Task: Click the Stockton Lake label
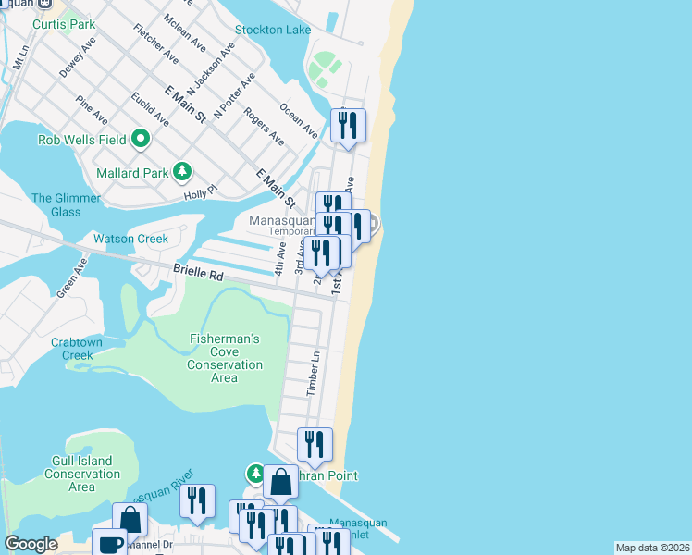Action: (x=272, y=31)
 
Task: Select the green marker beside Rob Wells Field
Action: (x=141, y=140)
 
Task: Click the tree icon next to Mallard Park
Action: (x=183, y=171)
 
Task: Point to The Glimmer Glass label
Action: (x=56, y=204)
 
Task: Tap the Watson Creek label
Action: (x=130, y=239)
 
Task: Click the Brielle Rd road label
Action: (x=198, y=275)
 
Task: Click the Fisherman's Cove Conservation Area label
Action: (x=224, y=358)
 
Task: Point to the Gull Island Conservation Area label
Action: (x=81, y=474)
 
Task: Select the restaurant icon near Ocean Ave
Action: (x=348, y=125)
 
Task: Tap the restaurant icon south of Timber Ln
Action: (x=315, y=445)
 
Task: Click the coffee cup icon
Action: (x=109, y=544)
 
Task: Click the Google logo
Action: (x=31, y=544)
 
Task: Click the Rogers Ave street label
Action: (x=264, y=126)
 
